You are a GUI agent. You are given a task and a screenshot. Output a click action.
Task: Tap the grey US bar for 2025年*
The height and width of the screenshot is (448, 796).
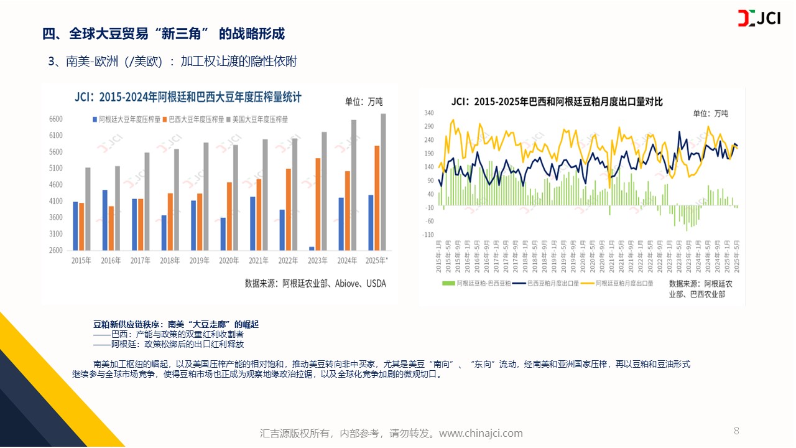(x=383, y=182)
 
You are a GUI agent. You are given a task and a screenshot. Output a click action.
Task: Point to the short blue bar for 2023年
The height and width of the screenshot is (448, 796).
(x=312, y=248)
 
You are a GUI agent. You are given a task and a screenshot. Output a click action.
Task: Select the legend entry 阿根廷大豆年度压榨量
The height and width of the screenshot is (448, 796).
(x=127, y=119)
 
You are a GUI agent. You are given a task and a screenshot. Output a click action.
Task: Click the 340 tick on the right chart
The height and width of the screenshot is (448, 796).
(x=428, y=113)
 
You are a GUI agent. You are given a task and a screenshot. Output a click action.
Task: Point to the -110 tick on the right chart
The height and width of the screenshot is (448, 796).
(x=428, y=235)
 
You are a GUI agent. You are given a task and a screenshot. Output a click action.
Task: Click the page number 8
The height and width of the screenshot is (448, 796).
(x=736, y=431)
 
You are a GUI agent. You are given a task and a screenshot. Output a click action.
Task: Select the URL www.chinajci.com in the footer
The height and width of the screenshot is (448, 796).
(x=481, y=433)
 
